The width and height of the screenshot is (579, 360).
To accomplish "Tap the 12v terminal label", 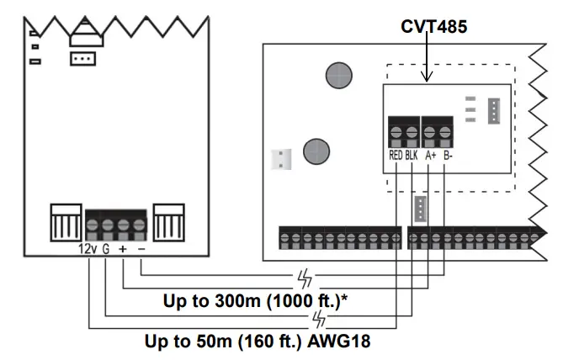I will click(85, 249).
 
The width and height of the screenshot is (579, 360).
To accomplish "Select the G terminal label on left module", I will click(106, 249).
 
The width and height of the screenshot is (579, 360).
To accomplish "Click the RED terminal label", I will click(396, 156).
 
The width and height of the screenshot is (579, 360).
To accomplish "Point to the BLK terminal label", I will click(412, 156).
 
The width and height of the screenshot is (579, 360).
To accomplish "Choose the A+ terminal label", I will click(431, 156).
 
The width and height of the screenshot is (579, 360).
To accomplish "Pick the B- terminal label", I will click(449, 156).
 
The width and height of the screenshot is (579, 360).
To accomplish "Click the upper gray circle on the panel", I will click(339, 76).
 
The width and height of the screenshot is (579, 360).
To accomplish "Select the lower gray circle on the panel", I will click(317, 151).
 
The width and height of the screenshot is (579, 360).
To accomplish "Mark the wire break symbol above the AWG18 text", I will click(318, 318).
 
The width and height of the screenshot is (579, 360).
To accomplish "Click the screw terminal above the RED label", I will click(396, 132).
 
